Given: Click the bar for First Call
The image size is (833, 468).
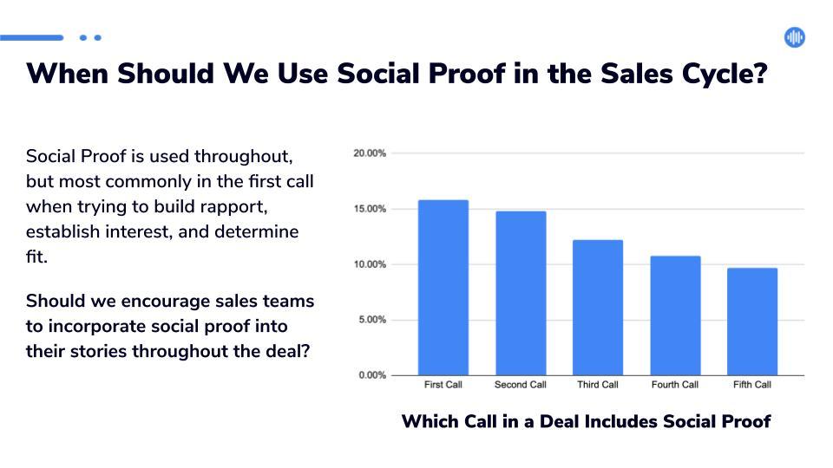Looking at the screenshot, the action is [443, 288].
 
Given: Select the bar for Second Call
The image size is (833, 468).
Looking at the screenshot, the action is [521, 294].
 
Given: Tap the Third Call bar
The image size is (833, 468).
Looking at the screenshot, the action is [598, 308].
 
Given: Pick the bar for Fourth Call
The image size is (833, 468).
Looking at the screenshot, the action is [675, 315].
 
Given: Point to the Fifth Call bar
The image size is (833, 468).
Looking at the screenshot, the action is [752, 322].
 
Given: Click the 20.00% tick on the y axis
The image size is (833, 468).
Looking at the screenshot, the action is [370, 153].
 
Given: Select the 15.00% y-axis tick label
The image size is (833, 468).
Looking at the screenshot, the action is [370, 209].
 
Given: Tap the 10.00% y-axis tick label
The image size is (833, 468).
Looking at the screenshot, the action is [370, 264].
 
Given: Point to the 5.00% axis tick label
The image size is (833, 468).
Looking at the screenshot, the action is [372, 320].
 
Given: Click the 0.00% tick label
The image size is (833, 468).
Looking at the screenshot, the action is [372, 375].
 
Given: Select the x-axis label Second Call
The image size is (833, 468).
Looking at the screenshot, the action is [520, 385].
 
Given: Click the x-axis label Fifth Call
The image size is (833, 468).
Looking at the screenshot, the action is [752, 385].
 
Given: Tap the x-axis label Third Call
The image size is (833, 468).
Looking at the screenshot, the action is [598, 385].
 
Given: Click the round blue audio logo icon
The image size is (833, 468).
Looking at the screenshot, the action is [795, 37].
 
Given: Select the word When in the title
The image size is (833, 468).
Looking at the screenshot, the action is [68, 73].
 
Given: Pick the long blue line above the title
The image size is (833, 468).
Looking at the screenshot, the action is [32, 37].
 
